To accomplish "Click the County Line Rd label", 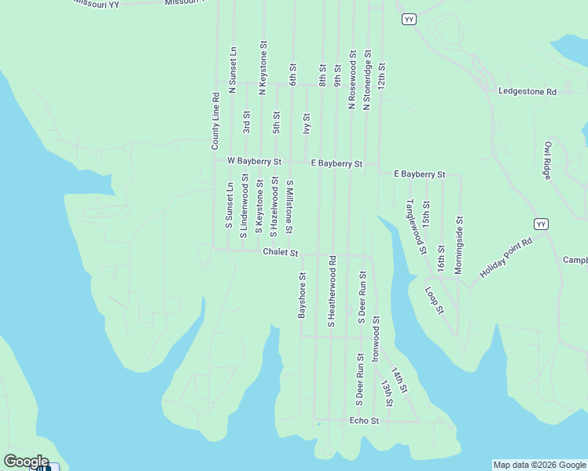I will coord(215,122).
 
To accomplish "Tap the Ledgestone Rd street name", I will coord(527,92).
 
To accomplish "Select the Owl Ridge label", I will coord(548,161).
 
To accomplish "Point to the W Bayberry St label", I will coord(254,161).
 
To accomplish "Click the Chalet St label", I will coord(281,253).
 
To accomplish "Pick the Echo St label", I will coord(364,421).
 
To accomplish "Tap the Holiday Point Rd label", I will coord(506,258).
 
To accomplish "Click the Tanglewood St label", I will coord(416,227).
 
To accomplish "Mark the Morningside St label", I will coord(459,246).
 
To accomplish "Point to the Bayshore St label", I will coord(301,295).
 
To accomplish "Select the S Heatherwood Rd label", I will coord(332,290).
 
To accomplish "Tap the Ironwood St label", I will coord(376,338).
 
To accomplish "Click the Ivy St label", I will coord(307,124).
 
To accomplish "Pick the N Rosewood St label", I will coord(352,81).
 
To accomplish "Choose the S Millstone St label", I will coord(290,207).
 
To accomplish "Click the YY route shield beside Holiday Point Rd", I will coord(540,224).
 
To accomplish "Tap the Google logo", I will coord(26,462).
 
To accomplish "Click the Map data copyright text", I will coord(539,465).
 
